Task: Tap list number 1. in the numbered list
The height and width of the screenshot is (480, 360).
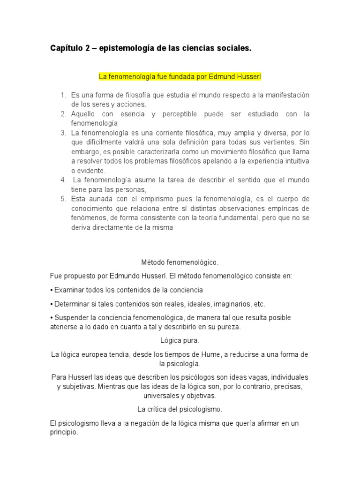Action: (x=64, y=95)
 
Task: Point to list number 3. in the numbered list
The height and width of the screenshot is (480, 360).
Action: (x=64, y=133)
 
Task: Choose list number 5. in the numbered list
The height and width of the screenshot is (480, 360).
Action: (x=64, y=199)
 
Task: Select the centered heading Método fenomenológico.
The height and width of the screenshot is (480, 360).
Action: (x=180, y=263)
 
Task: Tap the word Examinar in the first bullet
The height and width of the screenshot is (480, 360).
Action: (x=68, y=290)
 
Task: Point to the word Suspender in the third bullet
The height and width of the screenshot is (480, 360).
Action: (x=71, y=317)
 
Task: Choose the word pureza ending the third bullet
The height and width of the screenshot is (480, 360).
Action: (x=230, y=327)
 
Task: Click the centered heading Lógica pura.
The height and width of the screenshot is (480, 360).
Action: (x=180, y=340)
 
